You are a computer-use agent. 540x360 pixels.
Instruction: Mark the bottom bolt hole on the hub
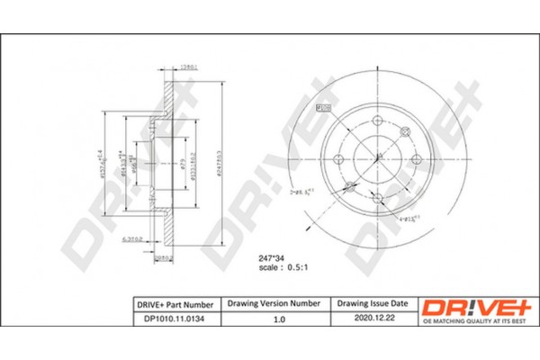375,201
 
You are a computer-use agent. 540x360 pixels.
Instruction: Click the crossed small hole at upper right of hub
402,135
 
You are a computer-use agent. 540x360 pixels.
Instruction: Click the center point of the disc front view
375,162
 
